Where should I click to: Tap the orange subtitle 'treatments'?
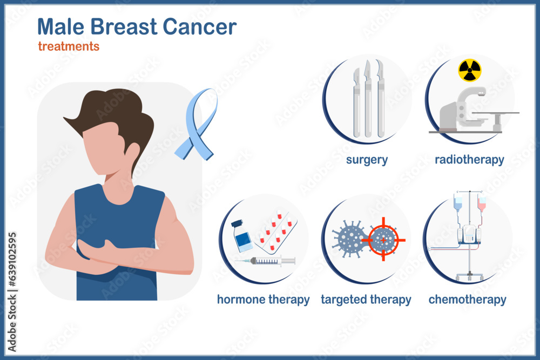pyautogui.click(x=69, y=46)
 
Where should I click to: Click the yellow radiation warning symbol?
pyautogui.click(x=469, y=70)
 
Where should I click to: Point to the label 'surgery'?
pyautogui.click(x=367, y=160)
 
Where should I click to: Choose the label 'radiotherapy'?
pyautogui.click(x=469, y=160)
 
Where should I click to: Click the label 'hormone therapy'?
pyautogui.click(x=263, y=300)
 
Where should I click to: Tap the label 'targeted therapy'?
pyautogui.click(x=366, y=300)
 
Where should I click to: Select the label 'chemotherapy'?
pyautogui.click(x=467, y=300)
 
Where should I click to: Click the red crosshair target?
pyautogui.click(x=383, y=239)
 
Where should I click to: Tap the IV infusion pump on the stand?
pyautogui.click(x=468, y=234)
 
